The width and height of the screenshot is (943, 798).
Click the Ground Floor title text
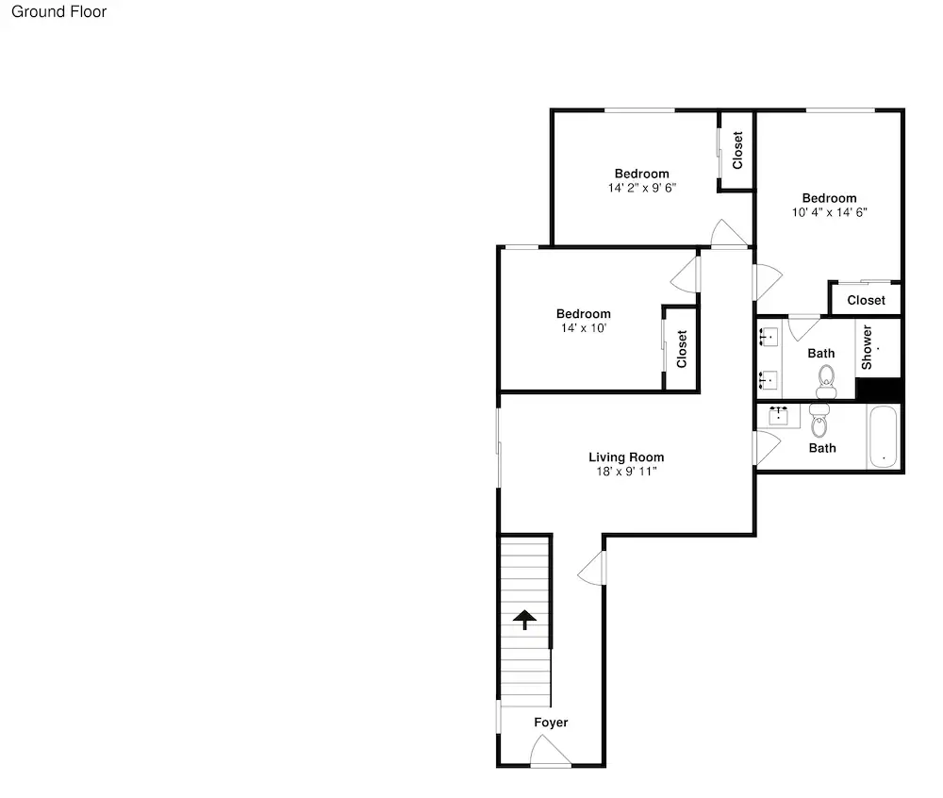58,11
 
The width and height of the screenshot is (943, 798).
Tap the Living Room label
626,457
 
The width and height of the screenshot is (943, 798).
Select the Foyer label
551,723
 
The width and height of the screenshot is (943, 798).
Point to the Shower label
867,347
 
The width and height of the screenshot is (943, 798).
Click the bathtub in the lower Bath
883,437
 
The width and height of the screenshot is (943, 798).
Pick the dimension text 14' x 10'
584,327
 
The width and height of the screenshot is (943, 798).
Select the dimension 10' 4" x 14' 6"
829,212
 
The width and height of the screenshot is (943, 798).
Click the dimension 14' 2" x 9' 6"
641,188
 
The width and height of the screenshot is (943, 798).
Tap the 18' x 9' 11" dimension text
626,472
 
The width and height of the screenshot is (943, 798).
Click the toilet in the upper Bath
826,382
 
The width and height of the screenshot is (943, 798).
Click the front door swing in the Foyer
551,752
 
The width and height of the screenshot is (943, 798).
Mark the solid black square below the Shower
879,389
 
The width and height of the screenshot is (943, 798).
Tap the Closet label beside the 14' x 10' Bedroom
682,349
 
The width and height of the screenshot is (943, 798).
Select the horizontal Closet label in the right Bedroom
866,300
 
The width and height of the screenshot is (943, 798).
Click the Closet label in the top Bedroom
737,150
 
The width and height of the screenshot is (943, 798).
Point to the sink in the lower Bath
778,416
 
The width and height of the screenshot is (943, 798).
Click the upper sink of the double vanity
768,338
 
